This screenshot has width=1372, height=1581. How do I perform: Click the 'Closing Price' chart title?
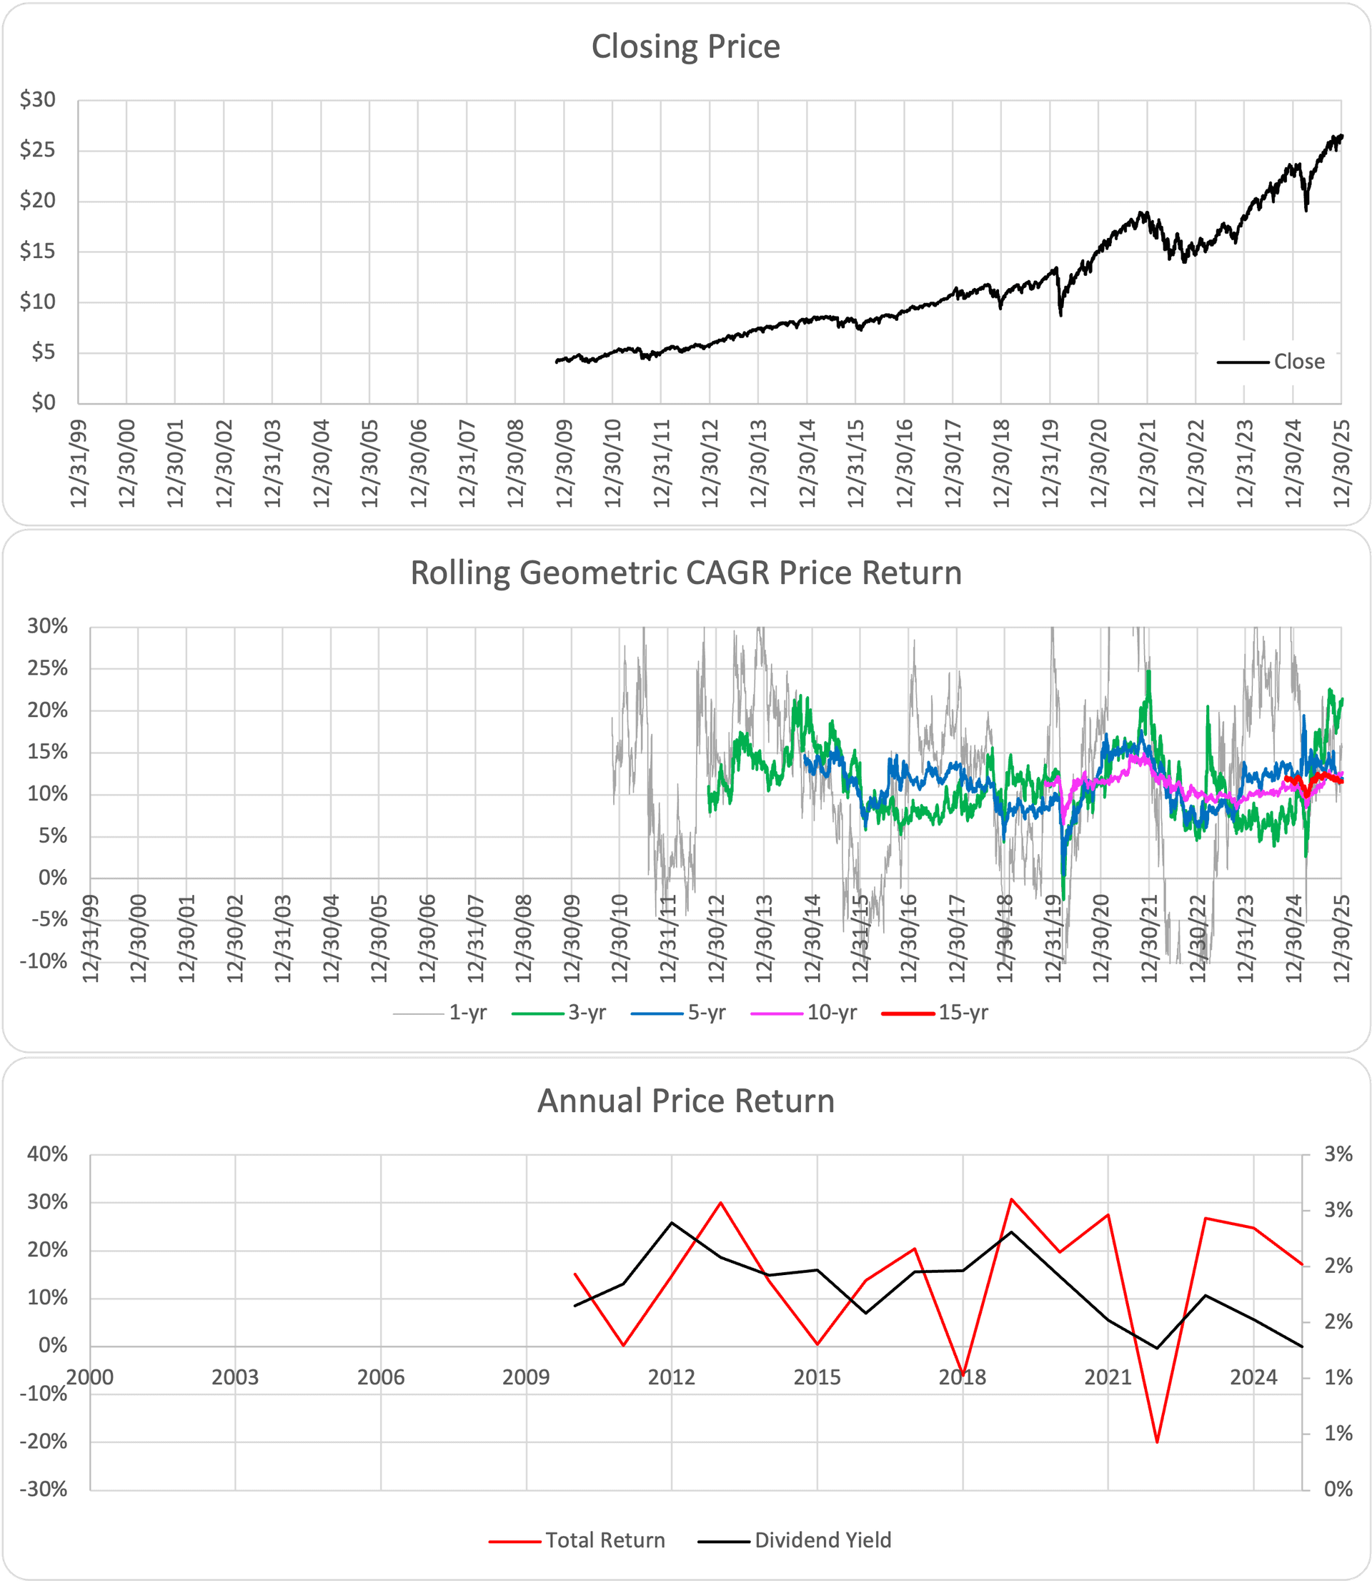(685, 46)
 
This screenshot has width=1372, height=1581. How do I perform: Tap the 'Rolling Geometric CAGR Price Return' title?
(685, 573)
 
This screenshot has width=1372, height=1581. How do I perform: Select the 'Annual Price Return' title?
(685, 1101)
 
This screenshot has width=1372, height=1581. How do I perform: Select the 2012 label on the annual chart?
(672, 1378)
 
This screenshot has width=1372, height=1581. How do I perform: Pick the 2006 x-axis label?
(380, 1378)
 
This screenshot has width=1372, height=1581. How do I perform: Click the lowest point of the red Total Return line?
(1157, 1442)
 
